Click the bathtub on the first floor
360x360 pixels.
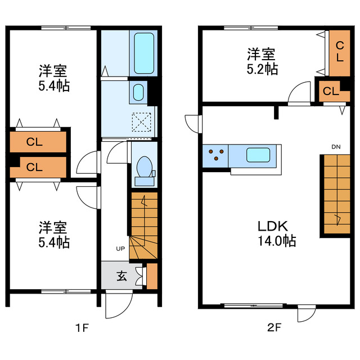click(144, 53)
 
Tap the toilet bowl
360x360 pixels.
click(144, 167)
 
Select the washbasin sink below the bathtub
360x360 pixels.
click(138, 92)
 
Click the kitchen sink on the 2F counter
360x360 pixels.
click(258, 155)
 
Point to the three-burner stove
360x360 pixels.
click(215, 156)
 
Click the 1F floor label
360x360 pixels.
click(82, 327)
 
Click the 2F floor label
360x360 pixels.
click(274, 327)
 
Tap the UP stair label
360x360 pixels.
click(120, 249)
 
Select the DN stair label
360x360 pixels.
click(336, 147)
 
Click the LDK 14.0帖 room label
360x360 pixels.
click(277, 233)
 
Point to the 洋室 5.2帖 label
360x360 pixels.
click(262, 61)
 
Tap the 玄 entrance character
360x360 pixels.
click(121, 276)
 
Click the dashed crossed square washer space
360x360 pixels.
click(141, 122)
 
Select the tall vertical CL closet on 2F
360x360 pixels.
click(340, 53)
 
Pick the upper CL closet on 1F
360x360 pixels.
click(38, 142)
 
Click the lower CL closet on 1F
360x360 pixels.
click(38, 167)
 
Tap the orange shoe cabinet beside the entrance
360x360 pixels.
click(152, 276)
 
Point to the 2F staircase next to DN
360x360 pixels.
click(337, 194)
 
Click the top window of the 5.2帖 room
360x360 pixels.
click(251, 28)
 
